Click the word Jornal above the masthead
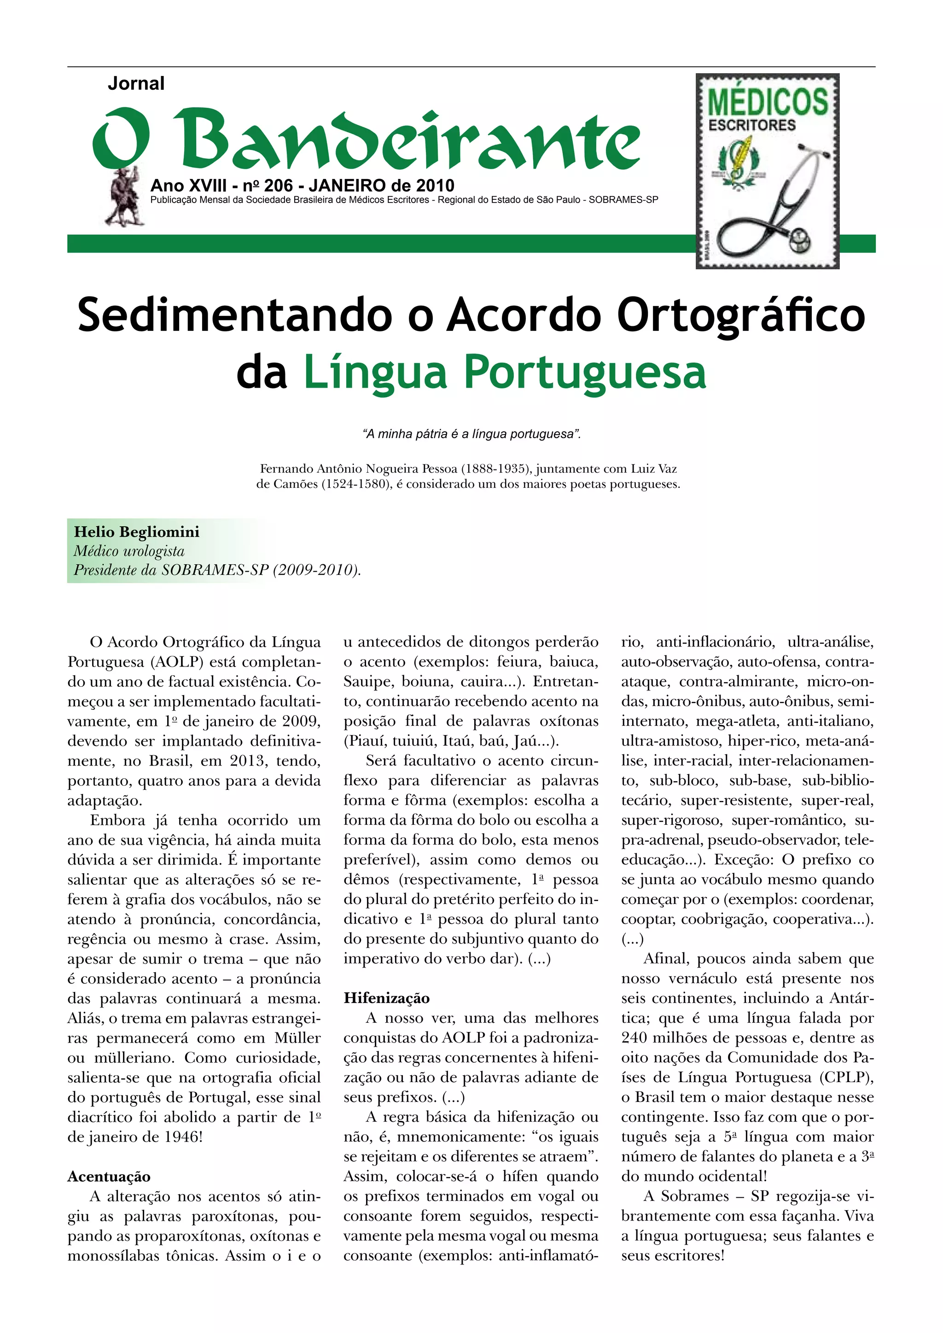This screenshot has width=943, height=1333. point(136,84)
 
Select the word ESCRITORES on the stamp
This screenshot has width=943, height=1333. point(752,125)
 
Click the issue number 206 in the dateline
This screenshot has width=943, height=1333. point(278,186)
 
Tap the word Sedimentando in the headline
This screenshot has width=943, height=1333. point(234,315)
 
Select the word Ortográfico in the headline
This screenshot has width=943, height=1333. point(741,315)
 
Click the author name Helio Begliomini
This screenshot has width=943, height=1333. point(136,532)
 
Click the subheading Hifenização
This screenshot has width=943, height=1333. point(386,998)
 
